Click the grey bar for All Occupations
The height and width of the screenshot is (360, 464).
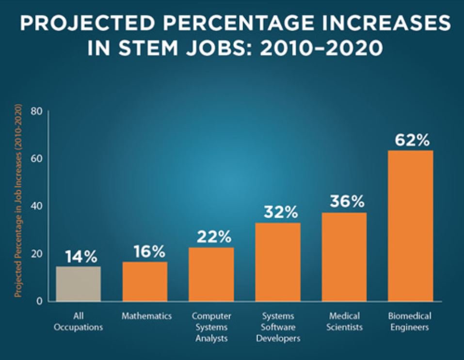tap(78, 283)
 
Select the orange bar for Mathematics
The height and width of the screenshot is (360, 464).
tap(145, 281)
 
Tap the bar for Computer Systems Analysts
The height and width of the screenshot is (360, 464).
tap(211, 274)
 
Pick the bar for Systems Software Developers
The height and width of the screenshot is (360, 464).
tap(278, 262)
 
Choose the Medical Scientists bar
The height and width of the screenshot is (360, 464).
tap(344, 257)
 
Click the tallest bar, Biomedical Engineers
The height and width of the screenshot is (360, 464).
tap(411, 225)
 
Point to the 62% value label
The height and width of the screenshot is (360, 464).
tap(412, 140)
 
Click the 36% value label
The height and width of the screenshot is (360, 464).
tap(346, 202)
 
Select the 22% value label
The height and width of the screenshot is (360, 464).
tap(213, 237)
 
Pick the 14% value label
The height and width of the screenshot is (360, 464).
tap(80, 256)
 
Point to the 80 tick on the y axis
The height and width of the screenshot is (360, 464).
tap(37, 111)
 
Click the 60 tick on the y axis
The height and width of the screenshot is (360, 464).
tap(37, 158)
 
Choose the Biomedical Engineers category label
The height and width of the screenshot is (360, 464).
tap(410, 322)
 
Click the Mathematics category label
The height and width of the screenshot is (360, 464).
tap(146, 316)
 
